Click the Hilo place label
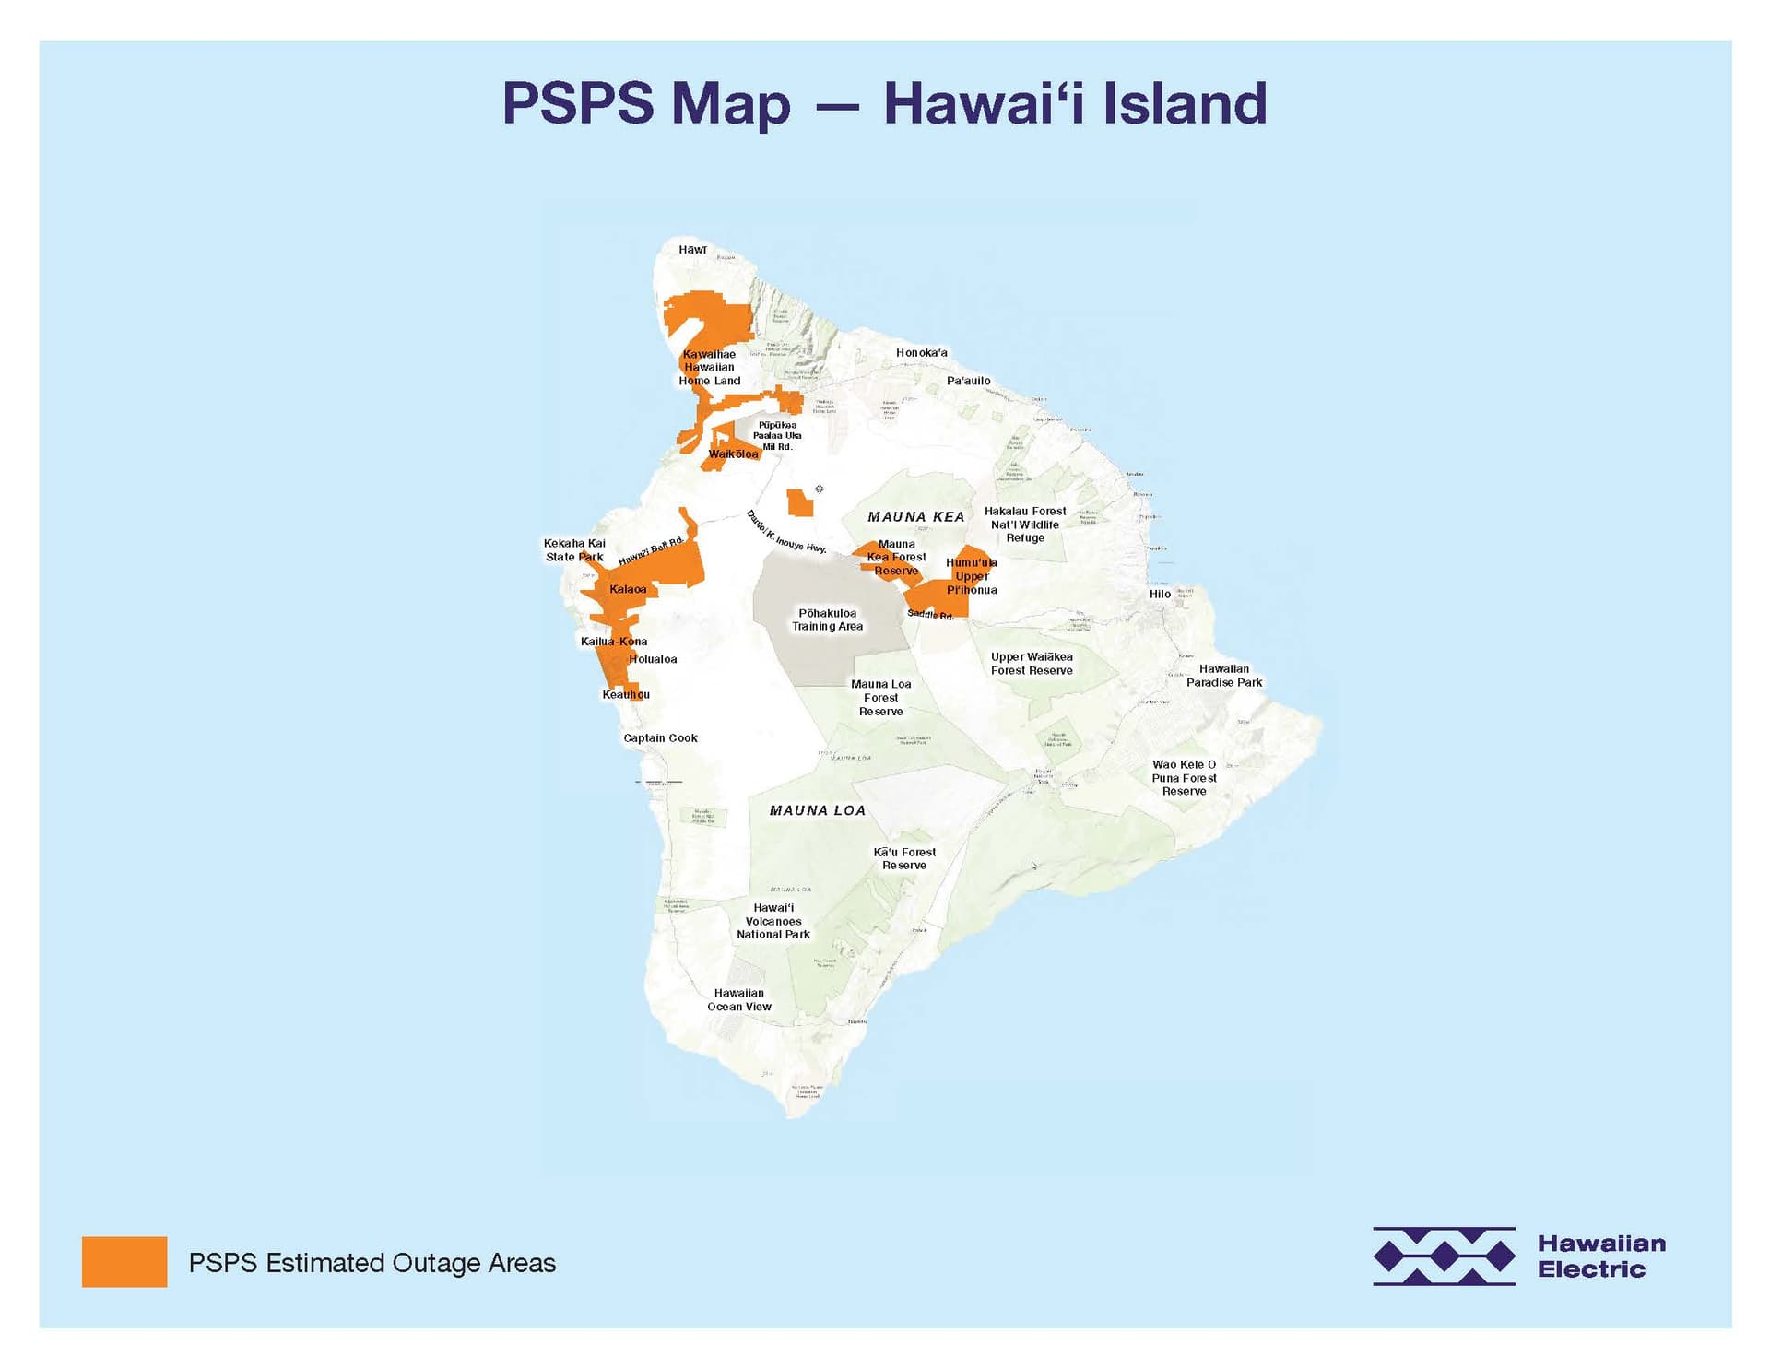coord(1160,594)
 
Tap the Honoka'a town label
coord(921,353)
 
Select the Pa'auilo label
coord(968,381)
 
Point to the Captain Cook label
coord(660,738)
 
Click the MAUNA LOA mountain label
coord(818,811)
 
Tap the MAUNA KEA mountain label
coord(915,517)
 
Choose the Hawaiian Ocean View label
coord(739,1000)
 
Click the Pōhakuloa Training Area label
coord(827,619)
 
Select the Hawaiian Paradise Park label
coord(1223,676)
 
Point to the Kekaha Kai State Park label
coord(574,550)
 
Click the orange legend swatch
coord(124,1262)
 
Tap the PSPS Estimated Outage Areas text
coord(372,1263)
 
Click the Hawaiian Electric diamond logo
coord(1444,1256)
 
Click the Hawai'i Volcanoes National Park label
coord(773,921)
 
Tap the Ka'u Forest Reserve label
coord(904,859)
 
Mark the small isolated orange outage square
coord(799,503)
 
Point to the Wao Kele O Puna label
coord(1184,778)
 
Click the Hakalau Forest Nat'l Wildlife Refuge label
coord(1025,525)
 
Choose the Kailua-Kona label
coord(614,642)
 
